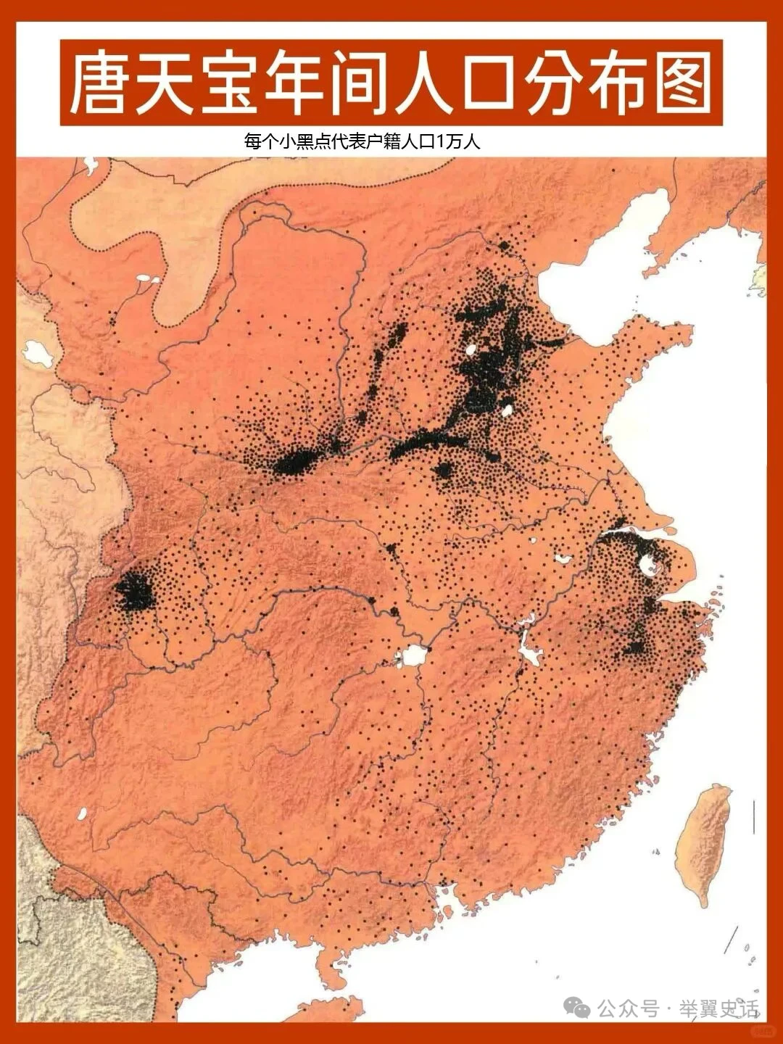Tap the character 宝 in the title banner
(230, 83)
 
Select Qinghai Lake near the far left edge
(34, 353)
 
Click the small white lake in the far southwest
(82, 813)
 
